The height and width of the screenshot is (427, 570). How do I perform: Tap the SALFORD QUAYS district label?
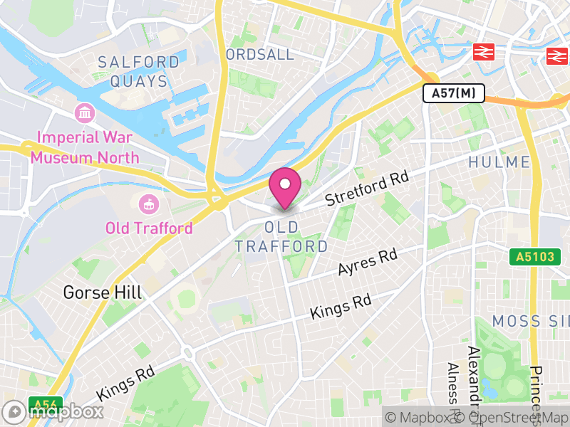tap(139, 72)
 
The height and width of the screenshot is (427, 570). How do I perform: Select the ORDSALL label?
tap(259, 55)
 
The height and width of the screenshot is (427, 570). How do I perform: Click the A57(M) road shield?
tap(454, 93)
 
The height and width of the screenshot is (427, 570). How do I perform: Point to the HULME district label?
tap(499, 162)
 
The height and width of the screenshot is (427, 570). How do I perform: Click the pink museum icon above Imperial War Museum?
tap(85, 112)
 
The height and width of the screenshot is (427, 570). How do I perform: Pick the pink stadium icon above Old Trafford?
tap(149, 204)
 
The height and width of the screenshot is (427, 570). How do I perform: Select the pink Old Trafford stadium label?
tap(149, 228)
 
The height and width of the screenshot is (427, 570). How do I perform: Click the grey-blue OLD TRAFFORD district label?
tap(281, 238)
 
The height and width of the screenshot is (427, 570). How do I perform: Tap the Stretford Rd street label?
tap(367, 189)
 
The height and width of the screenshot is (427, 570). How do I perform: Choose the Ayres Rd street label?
tap(368, 263)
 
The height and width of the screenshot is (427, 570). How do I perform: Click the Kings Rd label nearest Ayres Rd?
tap(341, 307)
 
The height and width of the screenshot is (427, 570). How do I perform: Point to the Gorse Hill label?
tap(103, 292)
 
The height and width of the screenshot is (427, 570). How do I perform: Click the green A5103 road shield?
tap(531, 257)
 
